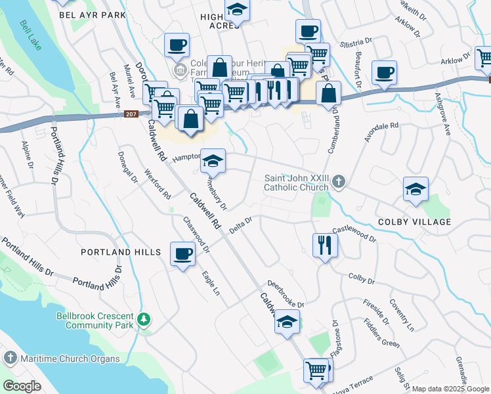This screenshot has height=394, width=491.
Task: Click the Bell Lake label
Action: (31, 39)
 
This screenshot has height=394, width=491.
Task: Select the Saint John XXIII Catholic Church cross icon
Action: (338, 181)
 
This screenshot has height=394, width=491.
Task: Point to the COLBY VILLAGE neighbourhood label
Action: (414, 222)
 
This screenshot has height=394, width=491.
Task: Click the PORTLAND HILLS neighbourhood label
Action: (121, 252)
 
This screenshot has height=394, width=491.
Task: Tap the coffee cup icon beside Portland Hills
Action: (182, 253)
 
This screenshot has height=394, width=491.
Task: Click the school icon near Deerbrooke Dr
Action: (287, 322)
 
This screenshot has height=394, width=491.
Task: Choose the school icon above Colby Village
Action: (416, 190)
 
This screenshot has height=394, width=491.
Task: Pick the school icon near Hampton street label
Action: (213, 160)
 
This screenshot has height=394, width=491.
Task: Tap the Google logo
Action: (22, 386)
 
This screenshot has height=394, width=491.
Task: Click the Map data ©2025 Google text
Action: (450, 389)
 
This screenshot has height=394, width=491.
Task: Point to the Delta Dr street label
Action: (241, 225)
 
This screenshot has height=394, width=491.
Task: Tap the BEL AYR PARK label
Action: (91, 14)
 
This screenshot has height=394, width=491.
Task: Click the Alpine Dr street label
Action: (27, 154)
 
